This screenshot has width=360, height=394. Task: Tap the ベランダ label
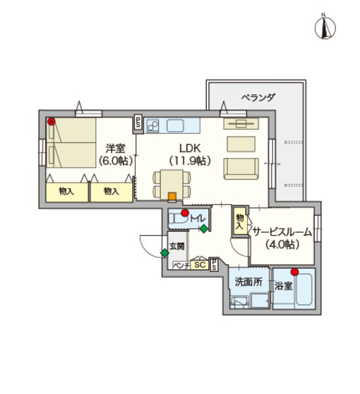(258, 97)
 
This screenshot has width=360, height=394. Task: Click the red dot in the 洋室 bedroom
(52, 121)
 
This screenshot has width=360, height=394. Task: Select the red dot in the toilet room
(185, 213)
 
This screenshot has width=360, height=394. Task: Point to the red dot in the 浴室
(294, 272)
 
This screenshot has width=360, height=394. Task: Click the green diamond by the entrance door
(164, 253)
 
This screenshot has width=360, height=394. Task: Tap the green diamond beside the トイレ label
(204, 229)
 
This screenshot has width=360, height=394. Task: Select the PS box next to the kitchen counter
(138, 122)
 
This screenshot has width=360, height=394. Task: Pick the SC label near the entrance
(200, 265)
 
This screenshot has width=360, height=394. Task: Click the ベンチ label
(181, 265)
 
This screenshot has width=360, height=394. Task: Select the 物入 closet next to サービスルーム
(239, 221)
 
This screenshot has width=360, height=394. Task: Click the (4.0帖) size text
(282, 244)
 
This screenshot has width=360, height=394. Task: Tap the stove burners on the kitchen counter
(154, 125)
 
